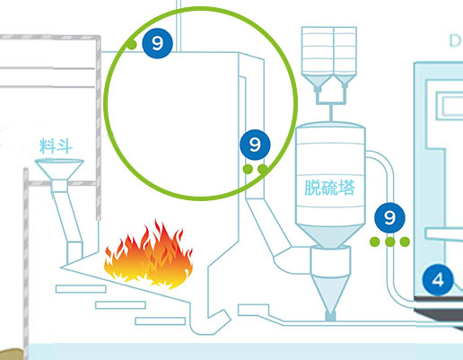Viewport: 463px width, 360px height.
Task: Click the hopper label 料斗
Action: pos(56,146)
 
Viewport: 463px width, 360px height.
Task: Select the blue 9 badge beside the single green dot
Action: pos(157,43)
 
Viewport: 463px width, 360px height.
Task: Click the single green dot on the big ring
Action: pos(132,45)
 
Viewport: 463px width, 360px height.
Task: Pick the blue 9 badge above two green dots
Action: pos(255,145)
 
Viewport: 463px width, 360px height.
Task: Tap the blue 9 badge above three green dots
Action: pos(389,218)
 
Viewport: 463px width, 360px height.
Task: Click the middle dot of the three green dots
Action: pos(389,241)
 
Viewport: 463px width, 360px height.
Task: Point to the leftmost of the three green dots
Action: pos(375,241)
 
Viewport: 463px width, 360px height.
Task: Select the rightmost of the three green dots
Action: pos(405,241)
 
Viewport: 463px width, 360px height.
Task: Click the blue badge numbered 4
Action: pos(438,280)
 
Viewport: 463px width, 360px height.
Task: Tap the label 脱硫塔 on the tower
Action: pos(329,188)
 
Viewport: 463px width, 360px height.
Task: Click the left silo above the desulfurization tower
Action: pos(318,58)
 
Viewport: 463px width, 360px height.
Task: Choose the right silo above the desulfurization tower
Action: pos(345,57)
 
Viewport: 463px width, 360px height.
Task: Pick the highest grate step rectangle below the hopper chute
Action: pos(81,289)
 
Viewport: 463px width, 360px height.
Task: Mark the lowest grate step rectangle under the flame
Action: pos(161,321)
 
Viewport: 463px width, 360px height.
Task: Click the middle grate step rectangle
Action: pos(120,305)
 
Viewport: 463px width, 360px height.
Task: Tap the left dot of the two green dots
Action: pos(248,169)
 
